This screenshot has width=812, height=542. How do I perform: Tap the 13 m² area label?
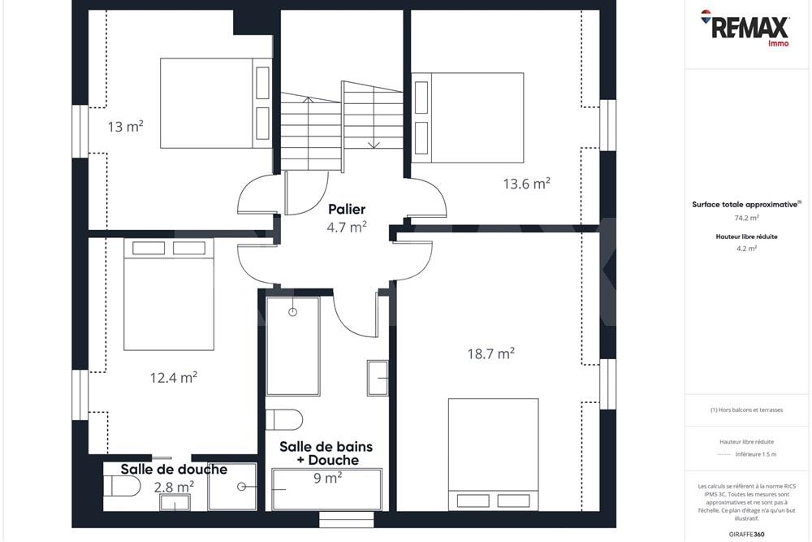(125, 127)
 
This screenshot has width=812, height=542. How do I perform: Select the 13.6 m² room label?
(526, 184)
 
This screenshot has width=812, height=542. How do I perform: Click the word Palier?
(347, 210)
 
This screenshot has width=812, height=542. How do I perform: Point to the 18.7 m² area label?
(490, 353)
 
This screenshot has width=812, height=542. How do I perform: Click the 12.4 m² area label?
(174, 377)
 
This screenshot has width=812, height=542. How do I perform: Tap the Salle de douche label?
(174, 470)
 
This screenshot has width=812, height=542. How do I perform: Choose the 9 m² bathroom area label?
(327, 479)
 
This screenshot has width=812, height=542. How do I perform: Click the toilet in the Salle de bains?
(283, 419)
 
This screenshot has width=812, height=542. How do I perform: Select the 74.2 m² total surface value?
(746, 218)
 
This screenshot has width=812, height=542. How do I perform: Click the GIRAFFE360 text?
(747, 534)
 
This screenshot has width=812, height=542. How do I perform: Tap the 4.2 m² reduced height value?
(746, 249)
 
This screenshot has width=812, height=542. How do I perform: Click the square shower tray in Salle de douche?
(231, 487)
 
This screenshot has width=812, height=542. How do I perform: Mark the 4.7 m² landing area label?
(347, 228)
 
